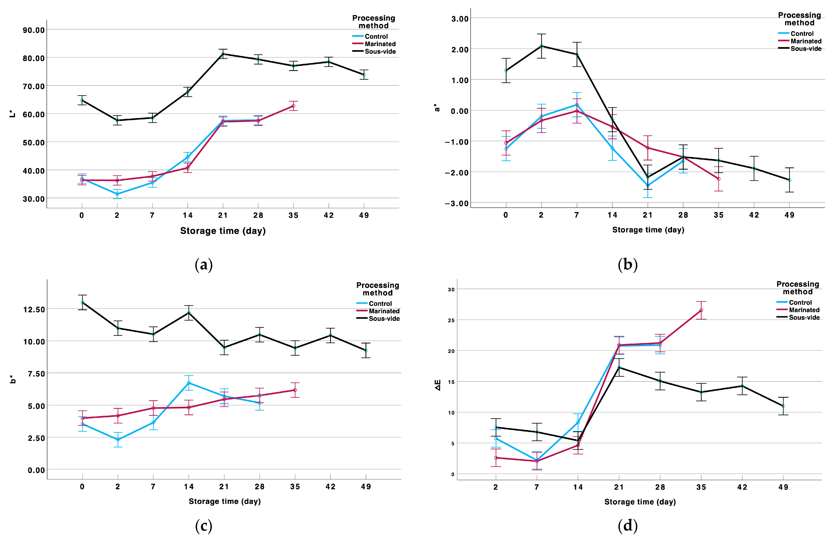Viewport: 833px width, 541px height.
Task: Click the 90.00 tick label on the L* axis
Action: (34, 30)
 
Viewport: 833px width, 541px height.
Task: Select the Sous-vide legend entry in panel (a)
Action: (374, 52)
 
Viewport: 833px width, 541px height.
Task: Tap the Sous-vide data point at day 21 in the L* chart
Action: (223, 54)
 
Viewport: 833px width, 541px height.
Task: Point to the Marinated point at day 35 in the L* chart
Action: (293, 106)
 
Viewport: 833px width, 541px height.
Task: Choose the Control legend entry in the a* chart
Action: (796, 34)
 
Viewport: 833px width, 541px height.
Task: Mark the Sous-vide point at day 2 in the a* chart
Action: (541, 46)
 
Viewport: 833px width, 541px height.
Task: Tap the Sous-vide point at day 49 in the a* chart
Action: (789, 180)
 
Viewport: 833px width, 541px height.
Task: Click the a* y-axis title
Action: (437, 107)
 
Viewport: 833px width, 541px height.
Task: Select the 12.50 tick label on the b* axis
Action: (34, 309)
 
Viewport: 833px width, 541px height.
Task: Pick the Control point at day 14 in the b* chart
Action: (189, 383)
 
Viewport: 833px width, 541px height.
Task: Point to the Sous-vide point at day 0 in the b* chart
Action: (82, 302)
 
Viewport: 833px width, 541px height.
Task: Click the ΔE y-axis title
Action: (438, 385)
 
